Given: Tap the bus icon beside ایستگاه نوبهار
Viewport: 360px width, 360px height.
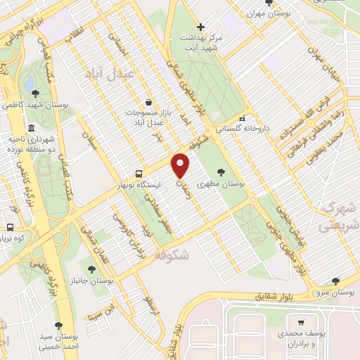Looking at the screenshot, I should [x=139, y=173].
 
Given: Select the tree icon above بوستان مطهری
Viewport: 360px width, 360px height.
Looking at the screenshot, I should [x=222, y=171].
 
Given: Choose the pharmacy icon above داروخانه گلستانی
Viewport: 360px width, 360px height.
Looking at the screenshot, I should [x=243, y=117].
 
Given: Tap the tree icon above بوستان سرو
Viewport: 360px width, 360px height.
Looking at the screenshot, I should [x=335, y=281].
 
